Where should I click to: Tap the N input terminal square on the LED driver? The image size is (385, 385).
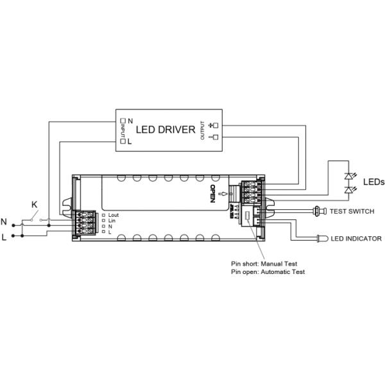(123, 120)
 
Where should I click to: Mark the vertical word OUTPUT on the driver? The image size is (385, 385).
(202, 130)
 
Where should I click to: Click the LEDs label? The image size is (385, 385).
(373, 182)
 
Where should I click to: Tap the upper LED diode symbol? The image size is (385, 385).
(349, 176)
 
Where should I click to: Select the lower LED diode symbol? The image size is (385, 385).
(349, 190)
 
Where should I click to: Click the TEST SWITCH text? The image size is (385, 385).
(352, 211)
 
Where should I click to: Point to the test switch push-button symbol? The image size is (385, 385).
(318, 210)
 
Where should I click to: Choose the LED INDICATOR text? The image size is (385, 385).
(356, 239)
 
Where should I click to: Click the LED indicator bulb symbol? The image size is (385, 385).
(321, 239)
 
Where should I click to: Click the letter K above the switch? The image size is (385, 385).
(35, 205)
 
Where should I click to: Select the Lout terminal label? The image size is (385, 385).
(114, 214)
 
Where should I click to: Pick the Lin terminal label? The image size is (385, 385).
(112, 220)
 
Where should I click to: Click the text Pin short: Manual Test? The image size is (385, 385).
(264, 264)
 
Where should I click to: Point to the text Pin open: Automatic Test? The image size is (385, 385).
(268, 272)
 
